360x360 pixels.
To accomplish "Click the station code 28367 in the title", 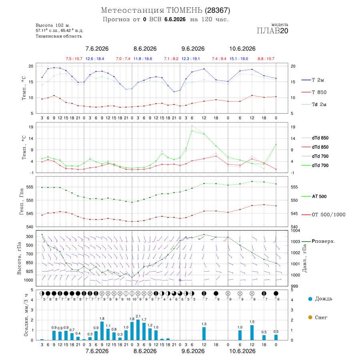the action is pos(218,10).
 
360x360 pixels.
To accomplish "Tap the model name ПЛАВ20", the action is pos(272,31).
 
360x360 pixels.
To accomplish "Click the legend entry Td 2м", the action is pos(314,104).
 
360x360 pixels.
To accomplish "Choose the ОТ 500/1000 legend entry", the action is pos(323,215).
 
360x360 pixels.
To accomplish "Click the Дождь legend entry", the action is pos(320,299).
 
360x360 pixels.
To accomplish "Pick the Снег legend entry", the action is pos(318,317).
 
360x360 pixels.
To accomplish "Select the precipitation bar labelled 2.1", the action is pos(138,330).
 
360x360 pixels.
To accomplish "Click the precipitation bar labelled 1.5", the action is pos(252,333).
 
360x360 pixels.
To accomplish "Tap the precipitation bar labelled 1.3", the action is pos(204,334).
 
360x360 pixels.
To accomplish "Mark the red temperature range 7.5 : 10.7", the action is pos(74,59).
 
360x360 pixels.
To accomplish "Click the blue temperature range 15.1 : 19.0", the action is pos(239,59).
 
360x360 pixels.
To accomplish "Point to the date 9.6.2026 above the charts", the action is pos(193,49).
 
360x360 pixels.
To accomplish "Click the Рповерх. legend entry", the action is pos(318,241).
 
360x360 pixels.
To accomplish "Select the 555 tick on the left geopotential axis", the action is pos(30,187).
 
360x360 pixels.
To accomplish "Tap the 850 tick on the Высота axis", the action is pos(29,263).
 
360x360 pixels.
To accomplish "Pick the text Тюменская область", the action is pos(58,36).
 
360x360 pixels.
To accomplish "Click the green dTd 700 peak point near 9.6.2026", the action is pos(192,131).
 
